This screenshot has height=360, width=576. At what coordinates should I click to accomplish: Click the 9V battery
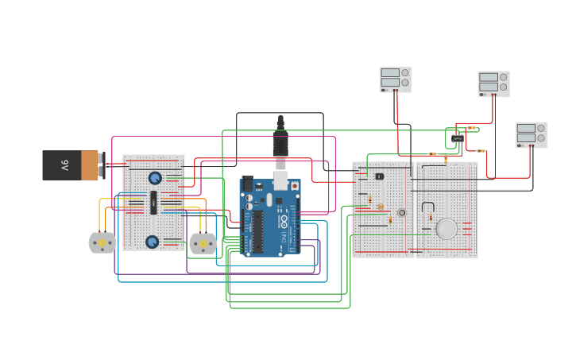tap(67, 165)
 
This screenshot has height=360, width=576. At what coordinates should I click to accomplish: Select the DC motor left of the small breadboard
tap(102, 242)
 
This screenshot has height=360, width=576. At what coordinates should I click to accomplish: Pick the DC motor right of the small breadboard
tap(203, 243)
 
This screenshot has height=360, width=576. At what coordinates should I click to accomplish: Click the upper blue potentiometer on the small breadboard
tap(155, 178)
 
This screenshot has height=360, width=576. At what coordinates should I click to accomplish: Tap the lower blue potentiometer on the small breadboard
tap(152, 242)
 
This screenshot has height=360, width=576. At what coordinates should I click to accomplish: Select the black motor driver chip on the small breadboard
tap(153, 202)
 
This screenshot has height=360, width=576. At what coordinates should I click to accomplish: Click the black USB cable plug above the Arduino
tap(280, 143)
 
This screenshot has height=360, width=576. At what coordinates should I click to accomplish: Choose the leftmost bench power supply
tap(395, 79)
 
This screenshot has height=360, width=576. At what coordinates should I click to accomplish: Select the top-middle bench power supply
tap(493, 83)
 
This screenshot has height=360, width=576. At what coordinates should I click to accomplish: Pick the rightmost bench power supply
tap(531, 134)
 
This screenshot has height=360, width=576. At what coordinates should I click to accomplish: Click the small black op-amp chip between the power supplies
tap(458, 139)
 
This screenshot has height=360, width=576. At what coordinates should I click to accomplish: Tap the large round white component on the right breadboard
tap(446, 229)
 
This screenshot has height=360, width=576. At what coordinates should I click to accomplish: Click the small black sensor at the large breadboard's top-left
tap(379, 176)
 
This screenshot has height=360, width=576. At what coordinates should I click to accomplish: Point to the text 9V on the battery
tap(64, 165)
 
